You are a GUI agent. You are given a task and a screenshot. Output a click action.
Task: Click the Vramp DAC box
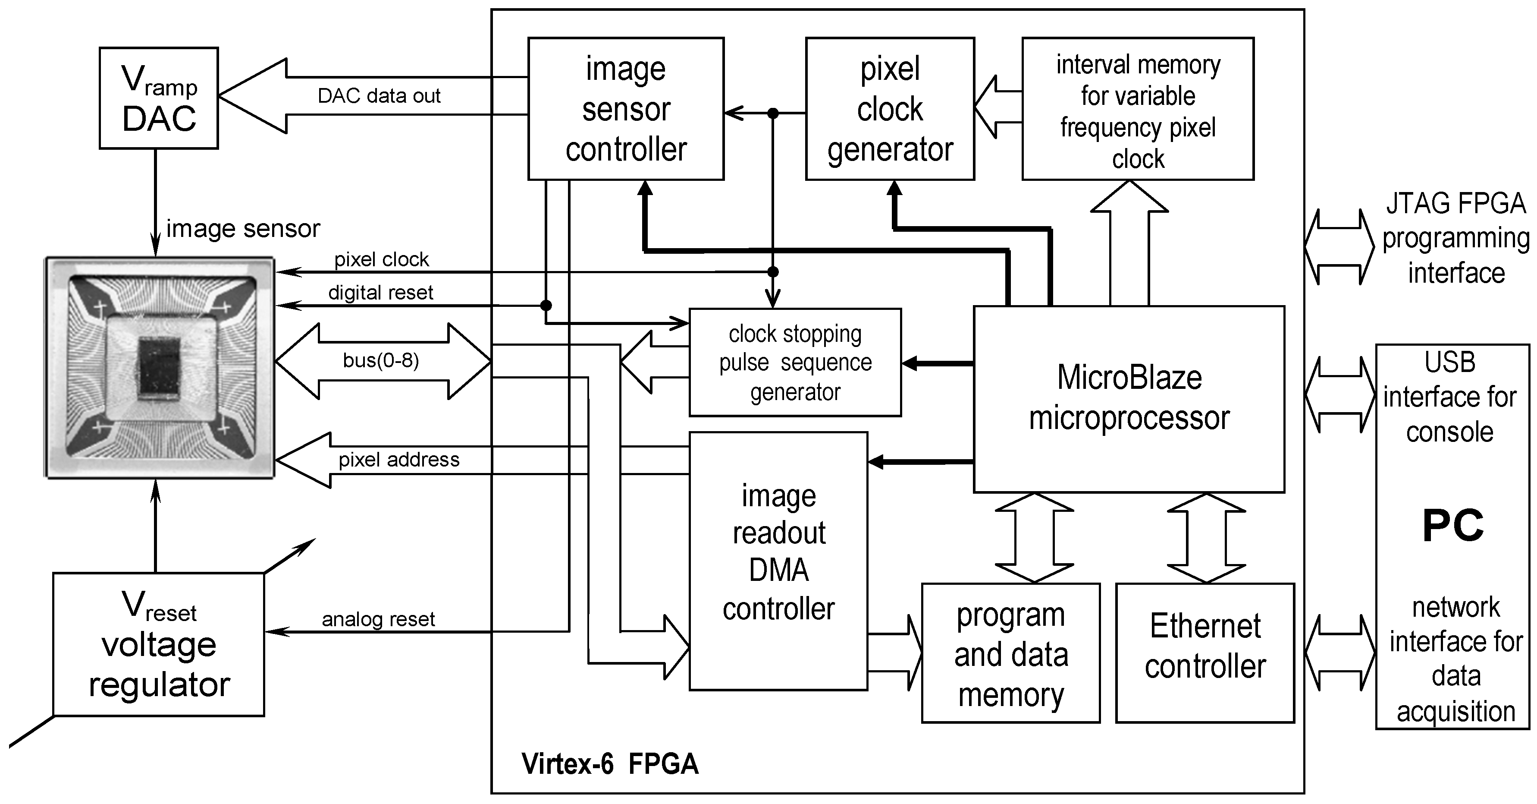(159, 98)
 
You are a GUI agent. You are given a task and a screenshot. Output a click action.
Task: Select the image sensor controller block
(626, 109)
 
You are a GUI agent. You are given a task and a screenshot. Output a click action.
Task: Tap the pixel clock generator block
(890, 109)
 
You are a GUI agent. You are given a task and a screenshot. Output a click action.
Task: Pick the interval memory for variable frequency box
(1137, 109)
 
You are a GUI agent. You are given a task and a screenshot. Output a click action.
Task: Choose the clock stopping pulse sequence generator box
(795, 363)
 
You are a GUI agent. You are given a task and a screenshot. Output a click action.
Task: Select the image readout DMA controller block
(778, 561)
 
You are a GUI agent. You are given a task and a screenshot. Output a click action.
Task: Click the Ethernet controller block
(1205, 653)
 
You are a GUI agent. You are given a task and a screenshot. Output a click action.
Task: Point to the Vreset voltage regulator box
(159, 645)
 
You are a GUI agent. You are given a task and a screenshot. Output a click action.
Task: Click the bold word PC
(1452, 526)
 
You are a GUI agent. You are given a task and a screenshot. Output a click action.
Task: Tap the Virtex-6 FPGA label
(610, 764)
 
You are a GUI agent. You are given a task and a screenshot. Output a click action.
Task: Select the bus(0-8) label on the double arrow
(381, 360)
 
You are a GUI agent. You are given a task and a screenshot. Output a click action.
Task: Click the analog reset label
(378, 620)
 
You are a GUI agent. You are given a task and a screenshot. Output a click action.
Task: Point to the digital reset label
(381, 293)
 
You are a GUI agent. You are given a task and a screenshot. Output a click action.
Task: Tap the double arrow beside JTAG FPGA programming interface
(1339, 246)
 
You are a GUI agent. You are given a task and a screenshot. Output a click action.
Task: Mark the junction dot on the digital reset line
(546, 306)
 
